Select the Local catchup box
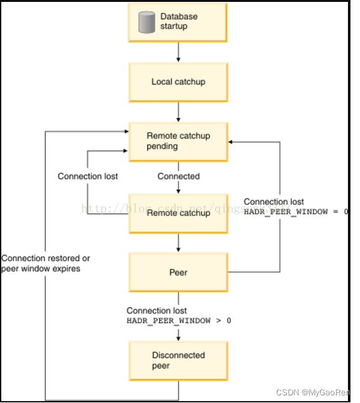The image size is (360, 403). [178, 82]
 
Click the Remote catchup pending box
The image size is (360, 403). [178, 141]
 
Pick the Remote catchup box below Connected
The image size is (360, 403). [178, 213]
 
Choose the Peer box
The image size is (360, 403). [178, 272]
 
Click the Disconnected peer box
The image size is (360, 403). [178, 360]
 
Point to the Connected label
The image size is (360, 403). [178, 176]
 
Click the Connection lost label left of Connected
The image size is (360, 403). [88, 176]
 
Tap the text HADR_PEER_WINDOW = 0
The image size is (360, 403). [296, 212]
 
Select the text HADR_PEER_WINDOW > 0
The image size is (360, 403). [178, 321]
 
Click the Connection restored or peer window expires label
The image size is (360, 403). [46, 263]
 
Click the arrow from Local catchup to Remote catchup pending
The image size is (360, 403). [178, 111]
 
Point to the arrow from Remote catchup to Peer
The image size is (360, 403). [178, 242]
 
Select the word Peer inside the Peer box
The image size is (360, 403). [178, 272]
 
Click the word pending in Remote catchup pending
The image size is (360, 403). [162, 146]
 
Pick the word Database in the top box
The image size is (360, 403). [178, 16]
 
